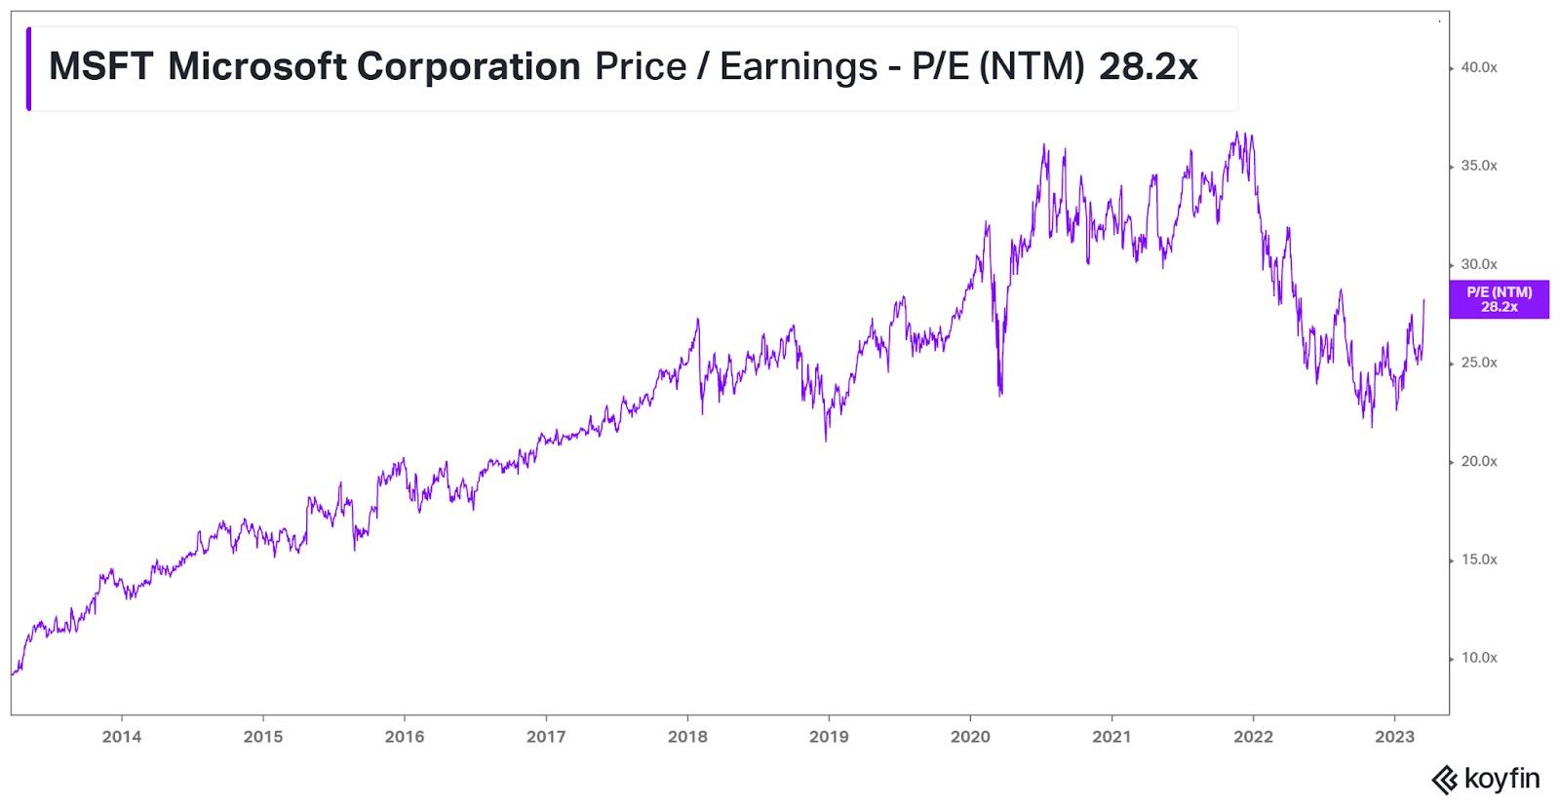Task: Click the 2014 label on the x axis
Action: pyautogui.click(x=121, y=737)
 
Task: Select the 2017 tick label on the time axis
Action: pyautogui.click(x=546, y=737)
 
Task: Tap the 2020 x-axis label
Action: pyautogui.click(x=970, y=737)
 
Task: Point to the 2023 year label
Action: pyautogui.click(x=1394, y=737)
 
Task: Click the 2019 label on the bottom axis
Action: pyautogui.click(x=829, y=737)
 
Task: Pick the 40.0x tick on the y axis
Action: pyautogui.click(x=1478, y=67)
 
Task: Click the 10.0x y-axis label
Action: pyautogui.click(x=1478, y=658)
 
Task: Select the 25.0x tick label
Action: pyautogui.click(x=1478, y=363)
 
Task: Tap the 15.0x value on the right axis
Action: pyautogui.click(x=1478, y=559)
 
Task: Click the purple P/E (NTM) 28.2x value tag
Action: pyautogui.click(x=1499, y=299)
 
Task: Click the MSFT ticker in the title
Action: pyautogui.click(x=100, y=66)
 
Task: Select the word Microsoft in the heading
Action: pyautogui.click(x=256, y=66)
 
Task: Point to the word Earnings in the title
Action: pyautogui.click(x=799, y=66)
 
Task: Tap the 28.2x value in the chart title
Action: pyautogui.click(x=1148, y=66)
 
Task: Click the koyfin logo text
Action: pyautogui.click(x=1501, y=780)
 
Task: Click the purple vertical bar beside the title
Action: pyautogui.click(x=28, y=68)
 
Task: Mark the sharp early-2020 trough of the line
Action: pyautogui.click(x=1000, y=394)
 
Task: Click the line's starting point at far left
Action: pyautogui.click(x=13, y=673)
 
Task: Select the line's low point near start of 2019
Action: pyautogui.click(x=826, y=441)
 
